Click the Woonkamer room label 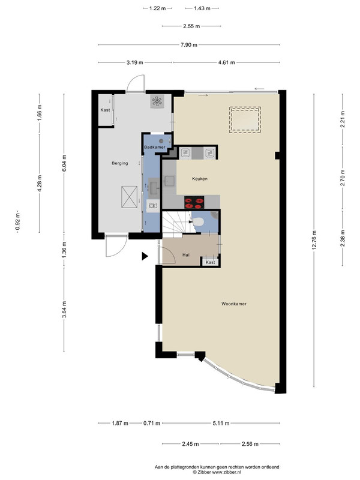tap(234, 304)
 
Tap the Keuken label tap(200, 179)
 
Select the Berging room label tap(119, 163)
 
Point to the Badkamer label tap(155, 147)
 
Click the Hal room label tap(186, 254)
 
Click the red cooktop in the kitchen tap(194, 202)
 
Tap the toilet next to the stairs tap(197, 221)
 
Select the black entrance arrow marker tap(145, 256)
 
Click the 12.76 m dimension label tap(314, 240)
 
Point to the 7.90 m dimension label tap(189, 45)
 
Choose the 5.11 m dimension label tap(221, 424)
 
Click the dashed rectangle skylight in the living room tap(245, 119)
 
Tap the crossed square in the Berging tap(129, 197)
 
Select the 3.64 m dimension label tap(64, 310)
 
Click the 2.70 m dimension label tap(343, 178)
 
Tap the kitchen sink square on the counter tap(170, 181)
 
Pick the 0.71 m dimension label tap(152, 424)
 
